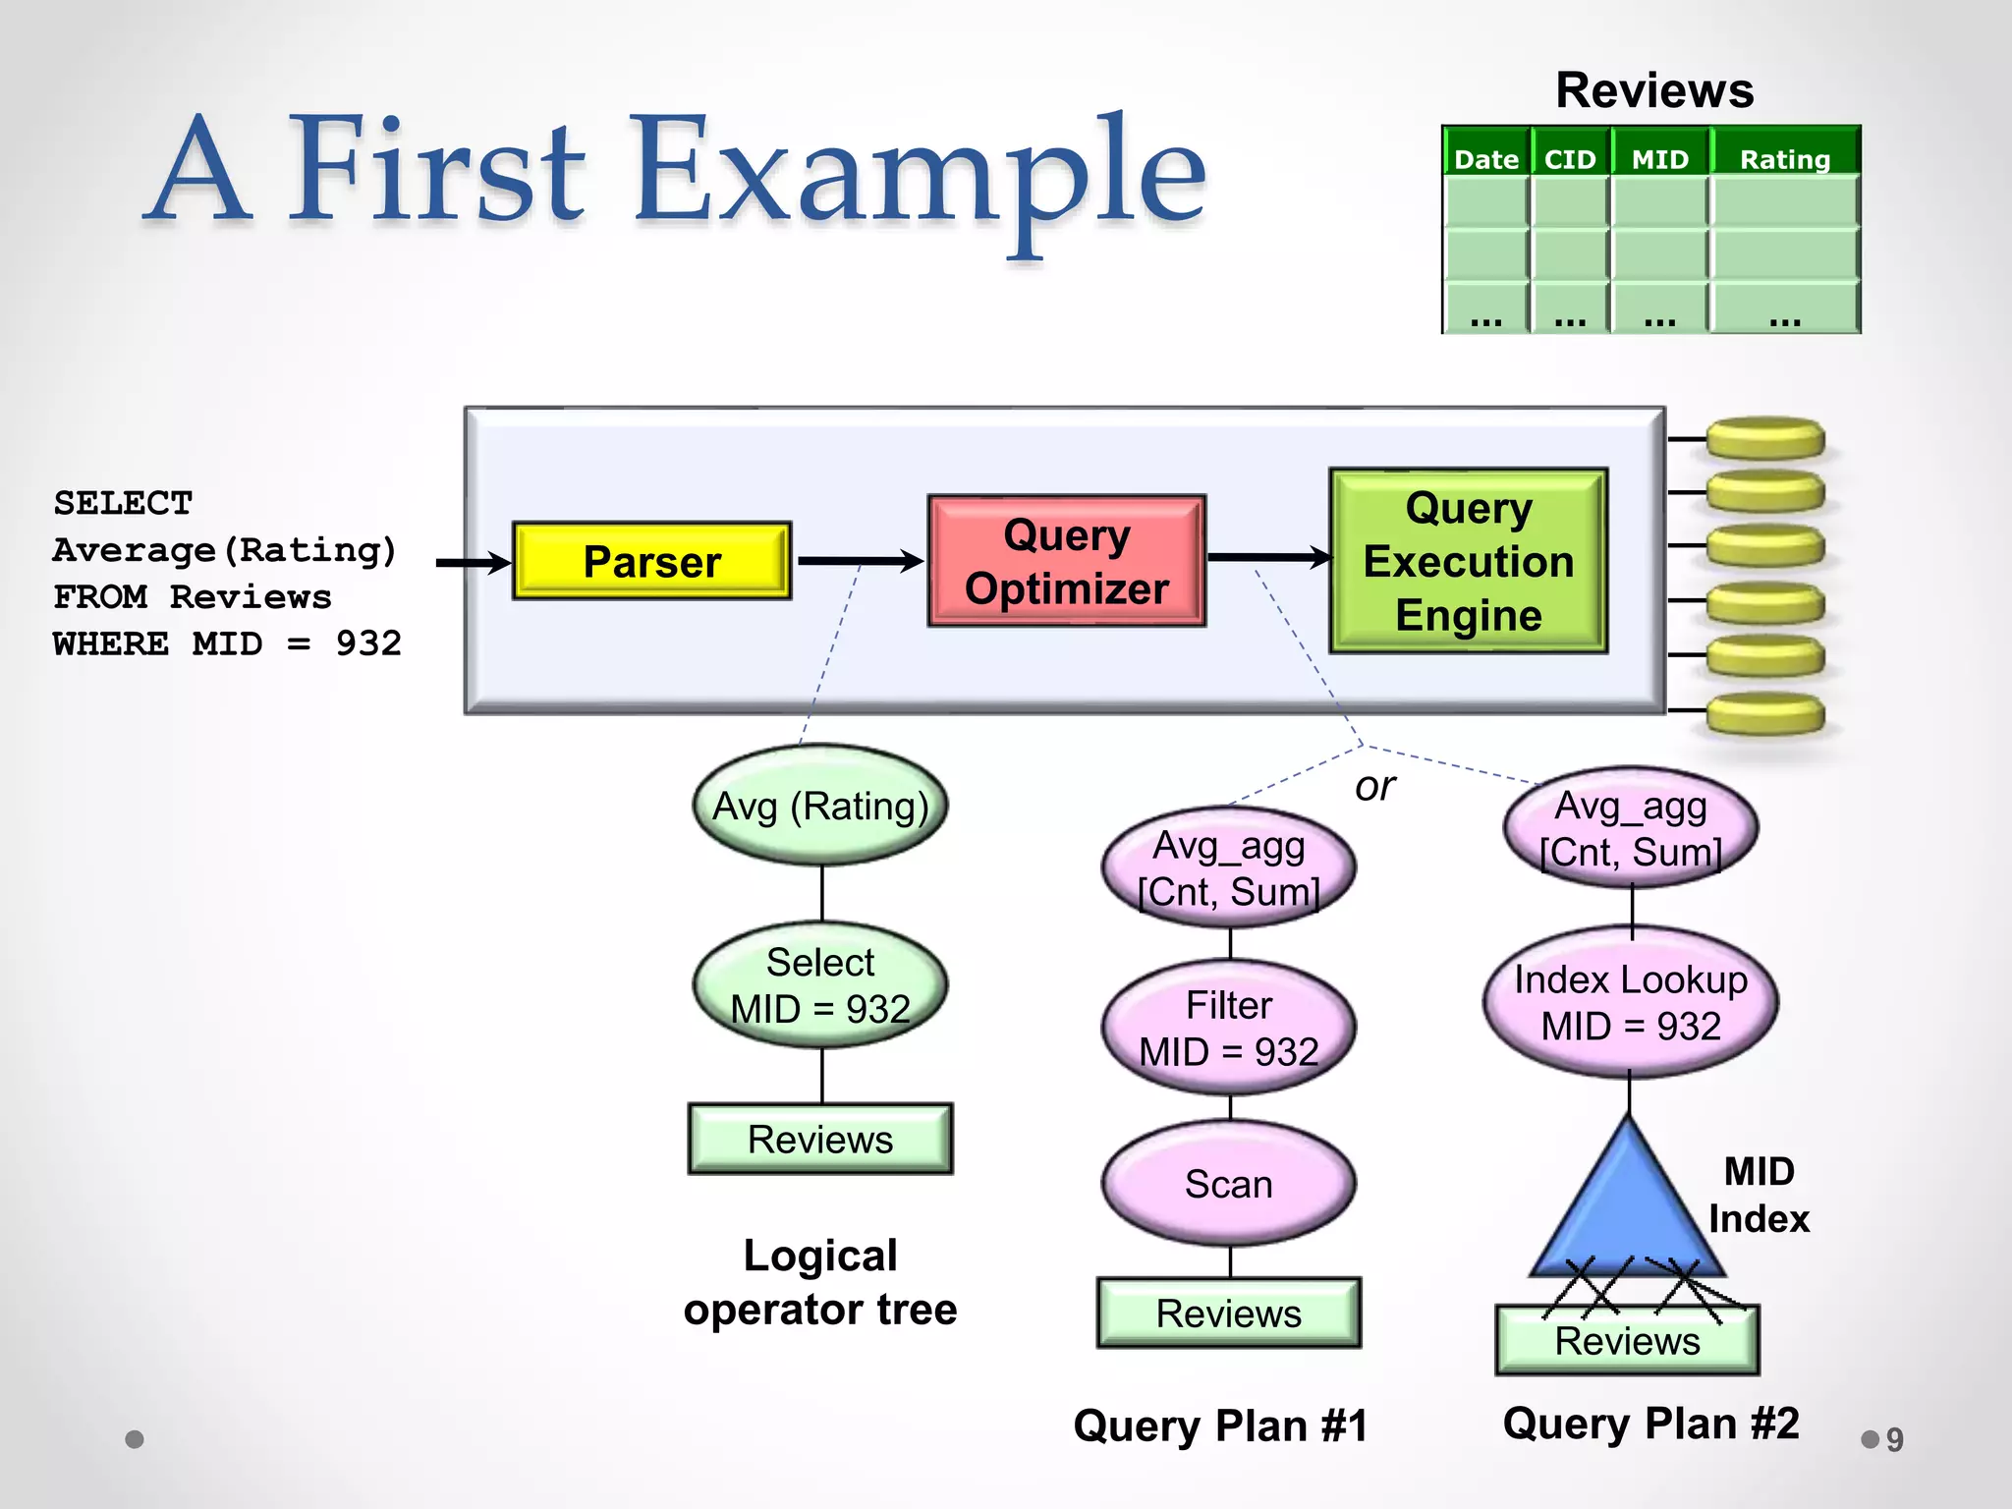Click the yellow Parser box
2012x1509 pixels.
(x=651, y=561)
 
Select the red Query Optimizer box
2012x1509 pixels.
(x=1066, y=561)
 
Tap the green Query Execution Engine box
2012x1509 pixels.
(x=1468, y=561)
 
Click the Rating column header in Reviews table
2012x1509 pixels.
(x=1784, y=158)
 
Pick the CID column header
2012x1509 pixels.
(x=1569, y=158)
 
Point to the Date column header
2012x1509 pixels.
(x=1485, y=158)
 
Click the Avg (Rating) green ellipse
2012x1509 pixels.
(x=820, y=806)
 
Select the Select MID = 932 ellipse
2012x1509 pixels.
(x=820, y=985)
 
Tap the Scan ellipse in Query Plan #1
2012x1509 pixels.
(x=1228, y=1184)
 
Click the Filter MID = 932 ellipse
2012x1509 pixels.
(x=1228, y=1028)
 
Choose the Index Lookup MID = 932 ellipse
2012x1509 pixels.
(x=1630, y=1002)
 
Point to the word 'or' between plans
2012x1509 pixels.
(x=1374, y=786)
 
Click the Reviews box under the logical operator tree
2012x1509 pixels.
(x=820, y=1139)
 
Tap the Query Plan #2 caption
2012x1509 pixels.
(x=1650, y=1423)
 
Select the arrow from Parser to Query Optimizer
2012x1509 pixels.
(x=860, y=561)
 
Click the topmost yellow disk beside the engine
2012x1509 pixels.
(x=1764, y=437)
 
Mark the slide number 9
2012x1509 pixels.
(x=1894, y=1439)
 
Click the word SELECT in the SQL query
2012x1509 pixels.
(x=123, y=503)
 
